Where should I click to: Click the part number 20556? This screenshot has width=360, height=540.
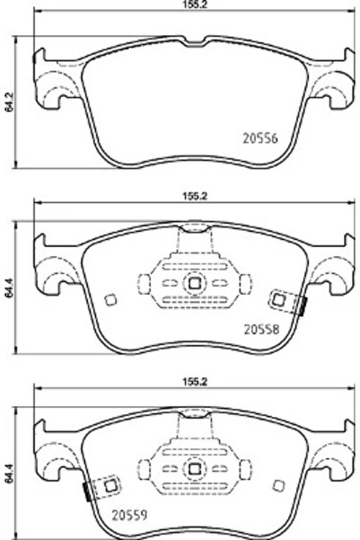260,139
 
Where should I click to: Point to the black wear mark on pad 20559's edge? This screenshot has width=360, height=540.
86,492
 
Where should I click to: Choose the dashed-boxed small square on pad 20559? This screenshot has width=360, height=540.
110,485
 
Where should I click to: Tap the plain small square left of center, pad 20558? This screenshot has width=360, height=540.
110,300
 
